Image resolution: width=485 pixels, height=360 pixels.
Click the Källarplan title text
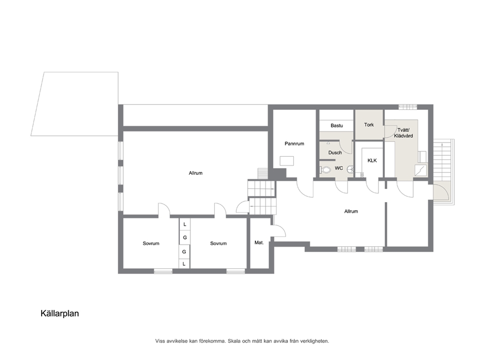coord(60,314)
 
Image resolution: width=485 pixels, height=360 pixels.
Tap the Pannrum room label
coord(294,144)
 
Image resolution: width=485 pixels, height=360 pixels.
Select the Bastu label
coord(336,126)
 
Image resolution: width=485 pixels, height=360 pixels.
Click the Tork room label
coord(369,125)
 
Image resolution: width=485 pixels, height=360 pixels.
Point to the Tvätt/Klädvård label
coord(403,133)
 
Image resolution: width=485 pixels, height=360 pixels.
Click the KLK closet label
coord(372,160)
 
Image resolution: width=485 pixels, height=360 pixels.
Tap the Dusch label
coord(335,153)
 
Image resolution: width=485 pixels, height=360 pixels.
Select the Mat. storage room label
coord(259,243)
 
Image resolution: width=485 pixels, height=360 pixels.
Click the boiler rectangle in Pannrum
coord(287,161)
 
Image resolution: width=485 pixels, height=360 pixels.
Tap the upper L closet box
coord(185,224)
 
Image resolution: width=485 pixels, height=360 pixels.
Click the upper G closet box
coord(185,237)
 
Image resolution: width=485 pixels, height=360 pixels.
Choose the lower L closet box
coord(184,264)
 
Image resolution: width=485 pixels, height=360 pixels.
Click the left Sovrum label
coord(151,244)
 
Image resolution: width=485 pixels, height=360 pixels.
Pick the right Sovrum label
coord(219,244)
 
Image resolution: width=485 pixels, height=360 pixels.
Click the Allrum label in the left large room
coord(196,173)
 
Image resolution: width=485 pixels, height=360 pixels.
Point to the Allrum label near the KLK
coord(351,212)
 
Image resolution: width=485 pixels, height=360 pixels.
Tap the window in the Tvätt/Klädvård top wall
coord(408,107)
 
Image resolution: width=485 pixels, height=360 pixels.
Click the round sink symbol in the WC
coord(350,169)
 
